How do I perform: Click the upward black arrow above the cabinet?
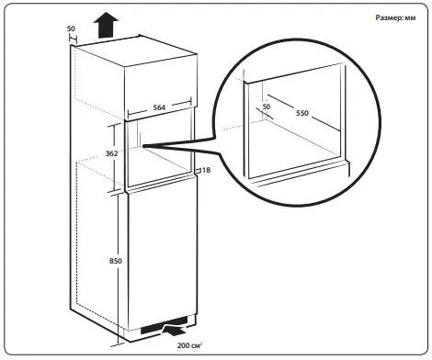[106, 25]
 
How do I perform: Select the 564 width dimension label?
[159, 107]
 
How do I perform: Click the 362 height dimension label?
[111, 153]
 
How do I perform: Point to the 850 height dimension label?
[116, 261]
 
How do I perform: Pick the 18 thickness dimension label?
[207, 170]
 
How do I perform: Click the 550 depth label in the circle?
[302, 113]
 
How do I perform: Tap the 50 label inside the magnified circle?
[267, 107]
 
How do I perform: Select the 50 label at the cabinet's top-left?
[71, 28]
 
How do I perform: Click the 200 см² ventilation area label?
[189, 345]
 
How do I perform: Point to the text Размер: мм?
[395, 17]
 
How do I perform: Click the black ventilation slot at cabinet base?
[164, 325]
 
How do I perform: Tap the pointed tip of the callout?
[142, 146]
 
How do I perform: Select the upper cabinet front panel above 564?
[160, 87]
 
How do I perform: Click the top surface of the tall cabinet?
[135, 51]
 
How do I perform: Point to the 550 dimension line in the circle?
[303, 113]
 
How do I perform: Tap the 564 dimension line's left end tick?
[128, 115]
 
